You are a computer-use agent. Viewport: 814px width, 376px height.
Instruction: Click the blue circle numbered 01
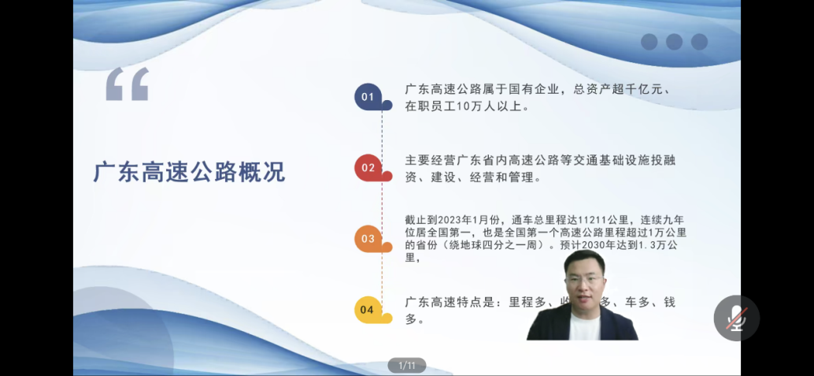[x=368, y=97]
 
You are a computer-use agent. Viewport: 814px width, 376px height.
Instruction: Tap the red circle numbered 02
[x=368, y=167]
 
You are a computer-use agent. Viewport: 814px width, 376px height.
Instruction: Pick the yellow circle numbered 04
[x=368, y=310]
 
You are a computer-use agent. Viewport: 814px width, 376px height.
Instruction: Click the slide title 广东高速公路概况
[x=189, y=172]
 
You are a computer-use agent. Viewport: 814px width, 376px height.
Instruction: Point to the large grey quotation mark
[x=128, y=84]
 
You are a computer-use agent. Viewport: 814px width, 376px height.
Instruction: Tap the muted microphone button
[x=736, y=318]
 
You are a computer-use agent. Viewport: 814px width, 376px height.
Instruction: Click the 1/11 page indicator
[x=406, y=365]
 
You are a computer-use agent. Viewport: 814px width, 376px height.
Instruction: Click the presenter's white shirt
[x=583, y=325]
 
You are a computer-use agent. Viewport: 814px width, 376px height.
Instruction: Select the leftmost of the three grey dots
[x=649, y=42]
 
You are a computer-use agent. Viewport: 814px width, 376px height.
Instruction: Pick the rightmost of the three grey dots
[x=699, y=42]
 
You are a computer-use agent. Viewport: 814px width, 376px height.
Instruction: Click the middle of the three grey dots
[x=674, y=42]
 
